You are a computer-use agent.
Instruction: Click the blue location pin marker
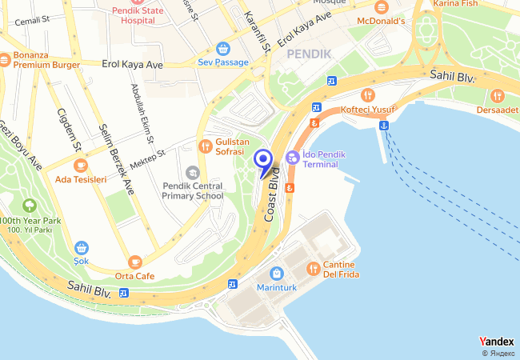262,160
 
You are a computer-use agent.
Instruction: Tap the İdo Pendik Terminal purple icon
293,158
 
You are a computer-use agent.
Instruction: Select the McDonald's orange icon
379,6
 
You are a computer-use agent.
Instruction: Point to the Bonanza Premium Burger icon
4,58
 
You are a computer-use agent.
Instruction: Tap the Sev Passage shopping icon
222,48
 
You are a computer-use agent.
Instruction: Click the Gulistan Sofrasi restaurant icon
205,146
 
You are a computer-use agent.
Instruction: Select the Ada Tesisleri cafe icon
79,165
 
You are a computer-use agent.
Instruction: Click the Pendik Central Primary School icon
192,173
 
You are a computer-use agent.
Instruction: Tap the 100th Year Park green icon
30,206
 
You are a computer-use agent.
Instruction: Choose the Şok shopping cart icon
81,248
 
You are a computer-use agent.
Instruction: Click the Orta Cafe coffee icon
134,262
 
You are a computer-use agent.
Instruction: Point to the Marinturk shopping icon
276,273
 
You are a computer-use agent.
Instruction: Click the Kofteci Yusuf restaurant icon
367,94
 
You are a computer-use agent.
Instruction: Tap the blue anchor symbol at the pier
384,125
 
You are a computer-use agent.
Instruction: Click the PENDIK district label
309,53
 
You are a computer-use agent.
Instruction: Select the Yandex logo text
497,342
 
